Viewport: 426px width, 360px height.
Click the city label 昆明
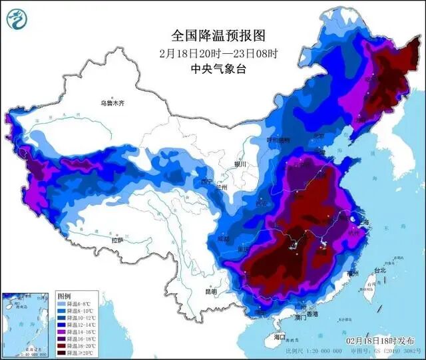click(211, 291)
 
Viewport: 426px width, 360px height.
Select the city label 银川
click(240, 164)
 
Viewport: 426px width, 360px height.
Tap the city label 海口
click(279, 337)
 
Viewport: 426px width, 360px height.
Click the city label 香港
click(311, 313)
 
